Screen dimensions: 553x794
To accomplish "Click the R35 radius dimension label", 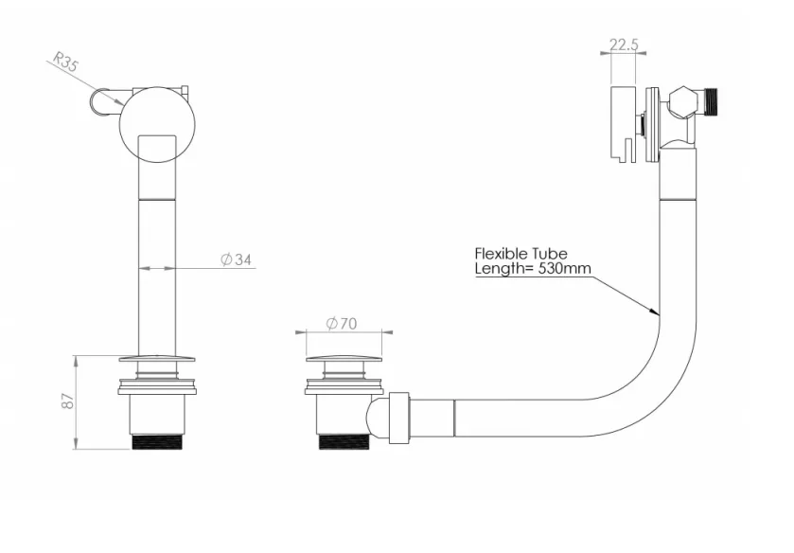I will [65, 63].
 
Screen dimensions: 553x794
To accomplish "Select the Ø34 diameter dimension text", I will [236, 260].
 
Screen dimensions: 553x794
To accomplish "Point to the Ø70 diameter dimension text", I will [342, 323].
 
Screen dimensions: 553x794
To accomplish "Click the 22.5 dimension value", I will [626, 44].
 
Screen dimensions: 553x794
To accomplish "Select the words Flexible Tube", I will [521, 254].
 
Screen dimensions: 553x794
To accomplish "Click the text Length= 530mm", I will [532, 269].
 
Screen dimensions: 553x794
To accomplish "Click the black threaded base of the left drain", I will [158, 441].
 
